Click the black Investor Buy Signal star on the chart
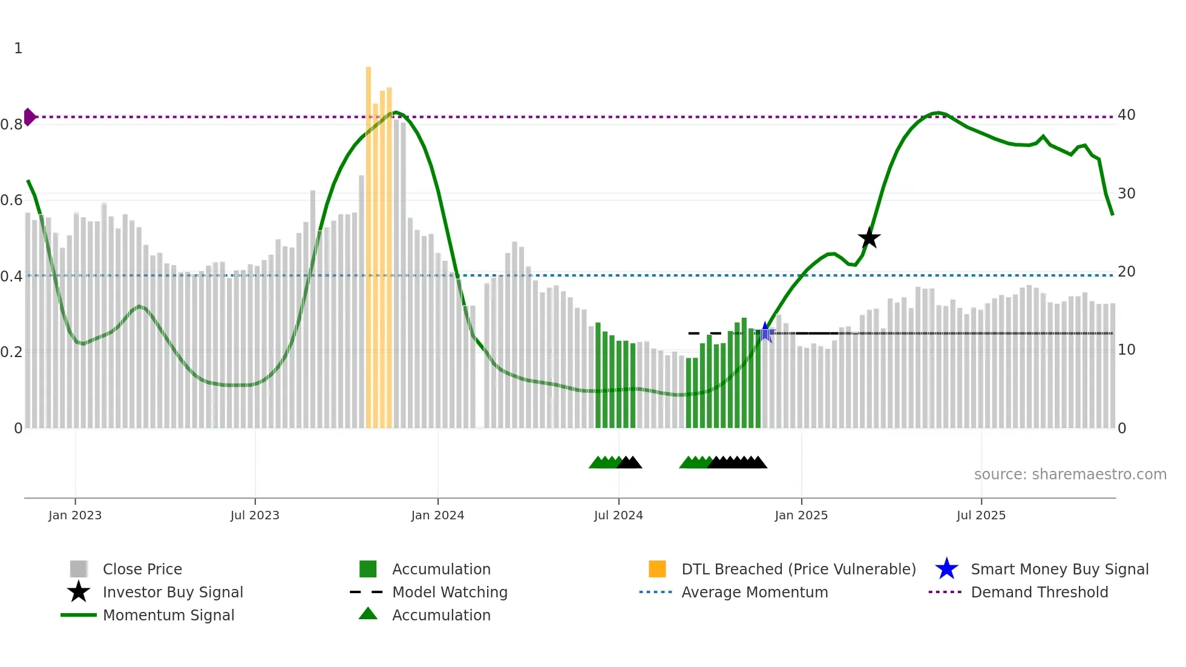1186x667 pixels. pos(869,238)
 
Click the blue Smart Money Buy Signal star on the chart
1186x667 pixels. pos(765,332)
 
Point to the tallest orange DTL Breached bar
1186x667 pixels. pos(369,242)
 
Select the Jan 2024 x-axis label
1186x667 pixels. pos(437,515)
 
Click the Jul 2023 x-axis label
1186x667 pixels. pos(255,515)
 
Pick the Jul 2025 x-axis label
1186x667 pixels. pos(981,515)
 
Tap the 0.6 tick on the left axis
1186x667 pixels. pos(11,200)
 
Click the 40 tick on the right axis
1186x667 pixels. pos(1126,115)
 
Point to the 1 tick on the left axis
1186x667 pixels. pos(18,48)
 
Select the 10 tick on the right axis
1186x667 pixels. pos(1126,350)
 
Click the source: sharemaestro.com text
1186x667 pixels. pos(1070,475)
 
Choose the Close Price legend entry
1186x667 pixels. pos(142,569)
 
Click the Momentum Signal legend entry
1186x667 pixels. pos(168,615)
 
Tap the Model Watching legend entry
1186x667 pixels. pos(450,592)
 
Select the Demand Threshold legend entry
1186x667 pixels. pos(1039,592)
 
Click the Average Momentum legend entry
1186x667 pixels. pos(755,592)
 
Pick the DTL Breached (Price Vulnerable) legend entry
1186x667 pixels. pos(798,569)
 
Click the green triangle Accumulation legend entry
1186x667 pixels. pos(441,615)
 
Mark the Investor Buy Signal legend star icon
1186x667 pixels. pos(79,592)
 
